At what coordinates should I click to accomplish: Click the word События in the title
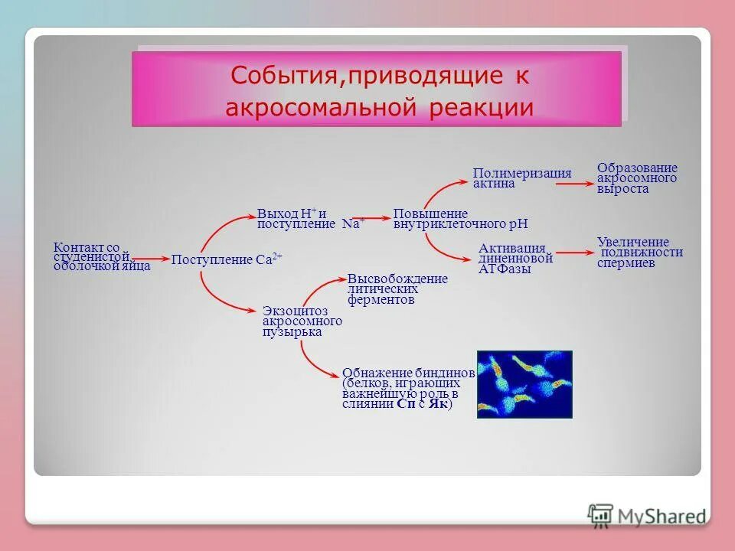[279, 76]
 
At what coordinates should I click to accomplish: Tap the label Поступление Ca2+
[227, 260]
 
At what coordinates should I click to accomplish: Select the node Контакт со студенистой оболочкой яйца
[101, 257]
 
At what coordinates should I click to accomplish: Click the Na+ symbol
[353, 223]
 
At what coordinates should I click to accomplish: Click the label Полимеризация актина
[522, 178]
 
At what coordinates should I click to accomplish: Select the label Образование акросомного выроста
[637, 178]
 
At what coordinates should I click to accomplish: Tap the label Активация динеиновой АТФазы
[515, 259]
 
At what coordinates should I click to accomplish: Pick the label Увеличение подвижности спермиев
[639, 252]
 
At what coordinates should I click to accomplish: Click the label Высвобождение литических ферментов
[397, 289]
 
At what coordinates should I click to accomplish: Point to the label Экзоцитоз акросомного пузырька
[302, 321]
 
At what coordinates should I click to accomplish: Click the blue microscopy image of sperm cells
[524, 384]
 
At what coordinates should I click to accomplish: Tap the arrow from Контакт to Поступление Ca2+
[151, 260]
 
